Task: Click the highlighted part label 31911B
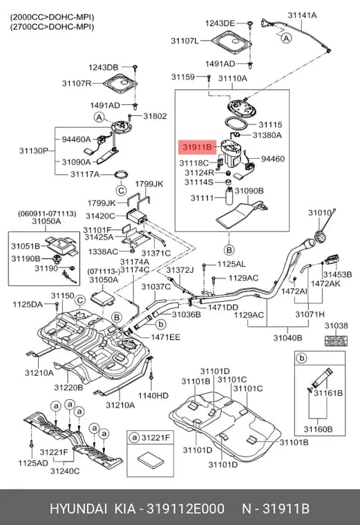click(198, 147)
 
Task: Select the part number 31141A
click(302, 15)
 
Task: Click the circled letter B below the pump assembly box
click(229, 250)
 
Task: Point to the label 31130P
click(34, 151)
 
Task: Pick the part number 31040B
click(287, 338)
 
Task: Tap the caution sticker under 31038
click(337, 341)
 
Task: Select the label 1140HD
click(153, 396)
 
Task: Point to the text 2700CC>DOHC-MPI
click(52, 27)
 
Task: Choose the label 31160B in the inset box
click(318, 429)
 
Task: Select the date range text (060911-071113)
click(47, 213)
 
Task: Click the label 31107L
click(185, 41)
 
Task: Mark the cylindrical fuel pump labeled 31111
click(229, 196)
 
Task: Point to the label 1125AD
click(33, 463)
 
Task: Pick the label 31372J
click(180, 270)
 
